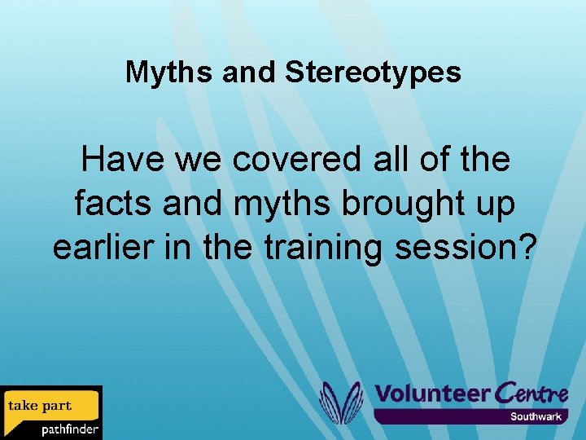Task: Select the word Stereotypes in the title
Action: pyautogui.click(x=374, y=73)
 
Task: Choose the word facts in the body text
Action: pyautogui.click(x=113, y=204)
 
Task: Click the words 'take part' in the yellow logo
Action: pyautogui.click(x=40, y=406)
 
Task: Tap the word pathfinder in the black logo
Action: pyautogui.click(x=69, y=429)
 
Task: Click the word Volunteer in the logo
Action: pyautogui.click(x=431, y=394)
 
